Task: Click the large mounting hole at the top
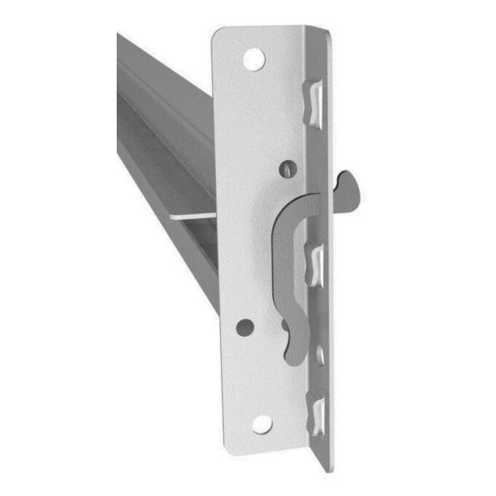tap(254, 59)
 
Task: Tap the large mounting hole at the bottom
tap(261, 424)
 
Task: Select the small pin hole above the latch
tap(290, 169)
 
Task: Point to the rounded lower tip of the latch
tap(291, 354)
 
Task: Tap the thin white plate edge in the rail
tap(194, 216)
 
